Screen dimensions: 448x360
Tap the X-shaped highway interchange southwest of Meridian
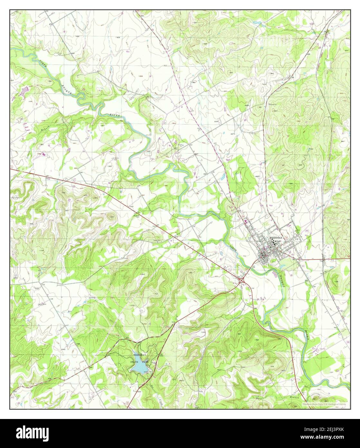(x=242, y=281)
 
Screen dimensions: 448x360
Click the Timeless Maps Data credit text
(x=325, y=403)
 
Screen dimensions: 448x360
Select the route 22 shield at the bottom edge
(x=128, y=403)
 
